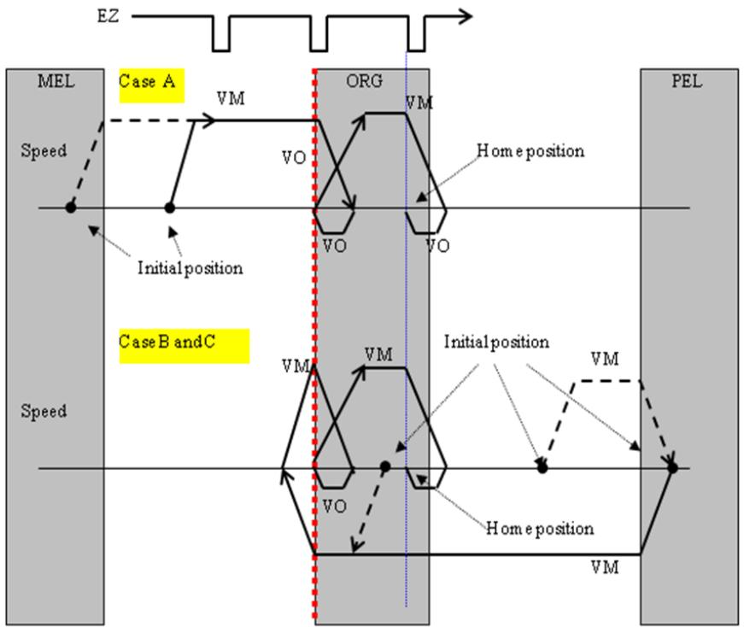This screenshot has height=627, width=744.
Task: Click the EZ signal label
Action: click(108, 16)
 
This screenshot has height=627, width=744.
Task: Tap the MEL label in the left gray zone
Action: click(56, 81)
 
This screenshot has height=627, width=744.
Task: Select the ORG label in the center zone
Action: click(364, 81)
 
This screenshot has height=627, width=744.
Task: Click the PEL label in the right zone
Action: click(686, 81)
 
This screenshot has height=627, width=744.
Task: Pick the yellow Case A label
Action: click(151, 85)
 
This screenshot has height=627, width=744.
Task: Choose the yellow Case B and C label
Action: click(185, 346)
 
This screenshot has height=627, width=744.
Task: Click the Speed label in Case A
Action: click(44, 150)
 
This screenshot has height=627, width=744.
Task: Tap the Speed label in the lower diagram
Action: click(44, 411)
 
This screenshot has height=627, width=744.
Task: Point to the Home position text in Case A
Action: click(530, 151)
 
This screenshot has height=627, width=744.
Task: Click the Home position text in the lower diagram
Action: click(540, 528)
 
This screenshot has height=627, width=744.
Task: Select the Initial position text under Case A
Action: click(190, 268)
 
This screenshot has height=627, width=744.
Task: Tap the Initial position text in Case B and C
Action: click(496, 342)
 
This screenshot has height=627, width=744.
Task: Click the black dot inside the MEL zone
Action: click(71, 208)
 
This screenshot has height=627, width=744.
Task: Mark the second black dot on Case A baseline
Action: click(169, 208)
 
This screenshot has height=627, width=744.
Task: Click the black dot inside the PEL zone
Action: click(672, 468)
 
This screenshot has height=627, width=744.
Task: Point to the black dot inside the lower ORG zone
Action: click(385, 467)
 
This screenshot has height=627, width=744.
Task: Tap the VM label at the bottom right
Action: click(605, 567)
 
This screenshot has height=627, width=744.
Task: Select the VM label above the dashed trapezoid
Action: click(605, 359)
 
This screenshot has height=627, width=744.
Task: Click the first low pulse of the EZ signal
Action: click(221, 33)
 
